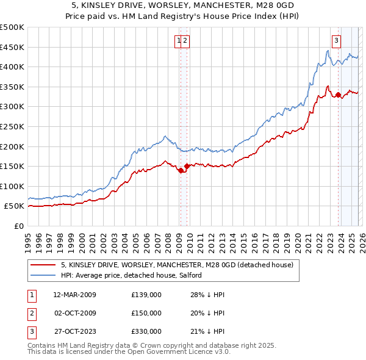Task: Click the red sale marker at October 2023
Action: point(338,95)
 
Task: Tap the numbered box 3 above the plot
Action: point(336,41)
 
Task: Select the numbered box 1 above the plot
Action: point(179,41)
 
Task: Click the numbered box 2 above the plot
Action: point(185,41)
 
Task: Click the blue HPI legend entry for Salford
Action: point(135,276)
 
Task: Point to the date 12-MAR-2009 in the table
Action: point(74,295)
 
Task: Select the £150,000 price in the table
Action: point(146,313)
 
